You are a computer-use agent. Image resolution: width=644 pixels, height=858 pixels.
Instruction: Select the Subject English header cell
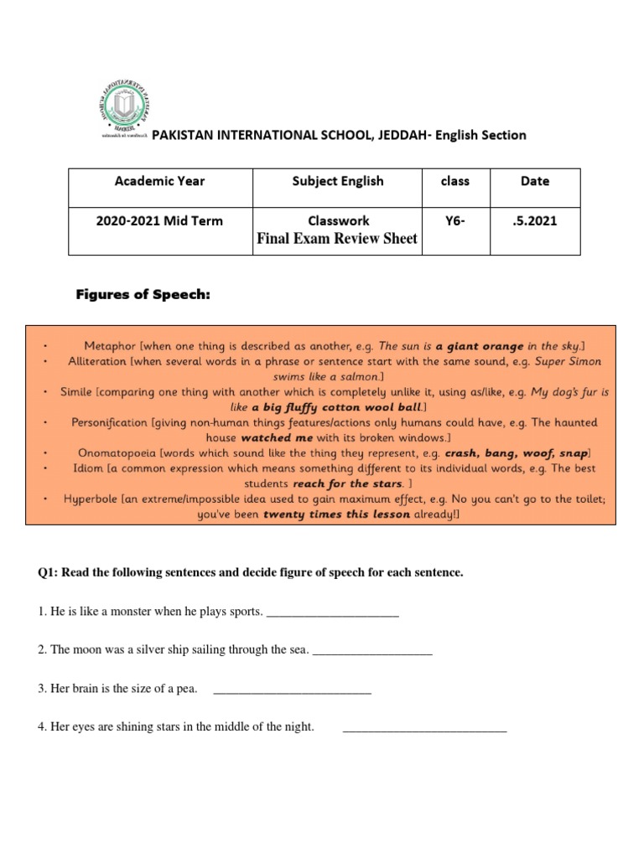point(338,181)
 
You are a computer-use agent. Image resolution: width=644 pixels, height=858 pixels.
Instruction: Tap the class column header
point(455,181)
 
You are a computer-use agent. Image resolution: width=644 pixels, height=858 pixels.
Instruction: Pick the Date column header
point(534,181)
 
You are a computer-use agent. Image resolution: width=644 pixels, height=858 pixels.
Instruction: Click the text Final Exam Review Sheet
point(338,238)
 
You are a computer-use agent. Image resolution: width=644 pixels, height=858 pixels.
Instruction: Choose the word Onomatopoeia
point(117,453)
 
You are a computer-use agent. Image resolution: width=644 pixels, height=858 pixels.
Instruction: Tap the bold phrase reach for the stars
point(347,484)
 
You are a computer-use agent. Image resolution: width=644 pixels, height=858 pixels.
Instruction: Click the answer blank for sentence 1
point(332,612)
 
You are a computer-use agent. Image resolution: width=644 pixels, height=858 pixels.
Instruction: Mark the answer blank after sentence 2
point(372,649)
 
